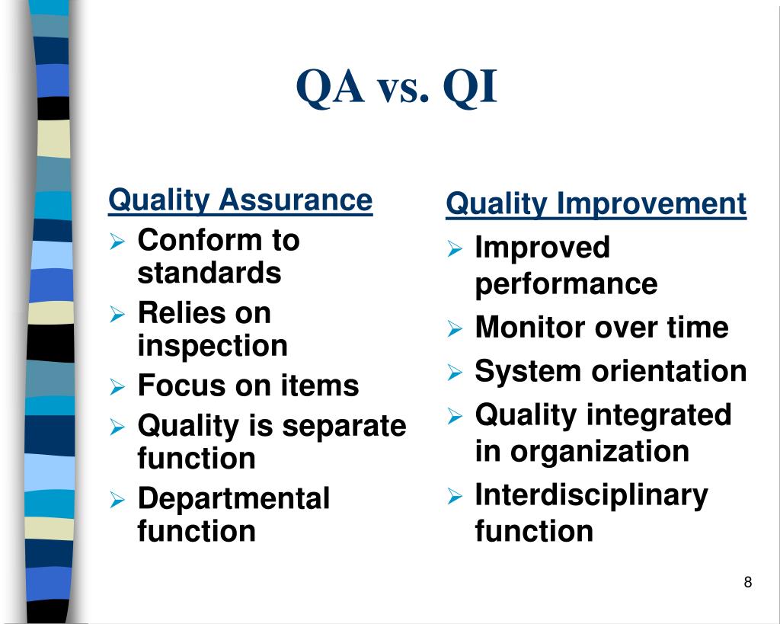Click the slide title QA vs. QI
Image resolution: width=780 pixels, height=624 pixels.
click(396, 88)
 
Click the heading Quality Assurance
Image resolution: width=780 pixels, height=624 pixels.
click(240, 201)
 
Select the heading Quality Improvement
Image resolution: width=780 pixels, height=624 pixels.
click(596, 204)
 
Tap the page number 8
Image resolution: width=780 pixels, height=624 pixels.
click(747, 583)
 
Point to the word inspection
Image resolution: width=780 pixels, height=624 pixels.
click(213, 347)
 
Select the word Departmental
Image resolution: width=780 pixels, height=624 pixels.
click(233, 498)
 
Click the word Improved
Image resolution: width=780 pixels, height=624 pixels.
click(542, 248)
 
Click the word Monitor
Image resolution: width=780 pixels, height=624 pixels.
click(530, 328)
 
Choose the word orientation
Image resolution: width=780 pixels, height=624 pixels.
click(669, 372)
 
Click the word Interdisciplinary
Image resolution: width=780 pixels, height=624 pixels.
click(591, 495)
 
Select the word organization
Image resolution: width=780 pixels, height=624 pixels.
click(599, 452)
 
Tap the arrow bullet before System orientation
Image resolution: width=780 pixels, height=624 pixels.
click(454, 373)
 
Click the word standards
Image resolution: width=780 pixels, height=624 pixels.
click(209, 274)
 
